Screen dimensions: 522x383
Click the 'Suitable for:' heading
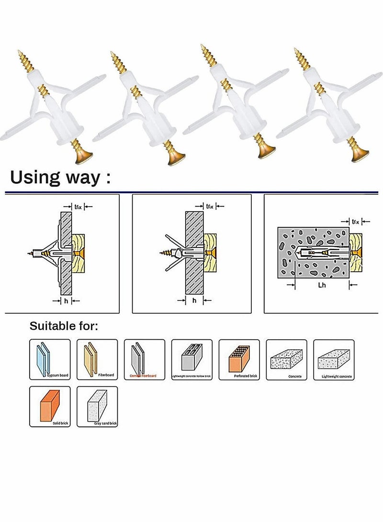tap(64, 326)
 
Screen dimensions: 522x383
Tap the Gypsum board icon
tap(49, 359)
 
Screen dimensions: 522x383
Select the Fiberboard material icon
tap(97, 359)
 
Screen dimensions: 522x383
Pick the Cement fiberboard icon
tap(144, 359)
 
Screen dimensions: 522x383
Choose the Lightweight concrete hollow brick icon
tap(191, 359)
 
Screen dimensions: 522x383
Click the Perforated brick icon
tap(239, 359)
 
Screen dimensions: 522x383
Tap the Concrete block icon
tap(286, 359)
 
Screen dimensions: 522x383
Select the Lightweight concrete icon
tap(334, 359)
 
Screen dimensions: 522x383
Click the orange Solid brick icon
tap(49, 406)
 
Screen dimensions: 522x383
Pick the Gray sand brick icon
tap(97, 406)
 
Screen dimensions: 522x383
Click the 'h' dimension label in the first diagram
tap(66, 300)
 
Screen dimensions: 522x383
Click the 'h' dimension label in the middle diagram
tap(194, 300)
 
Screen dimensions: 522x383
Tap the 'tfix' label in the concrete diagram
tap(355, 222)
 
